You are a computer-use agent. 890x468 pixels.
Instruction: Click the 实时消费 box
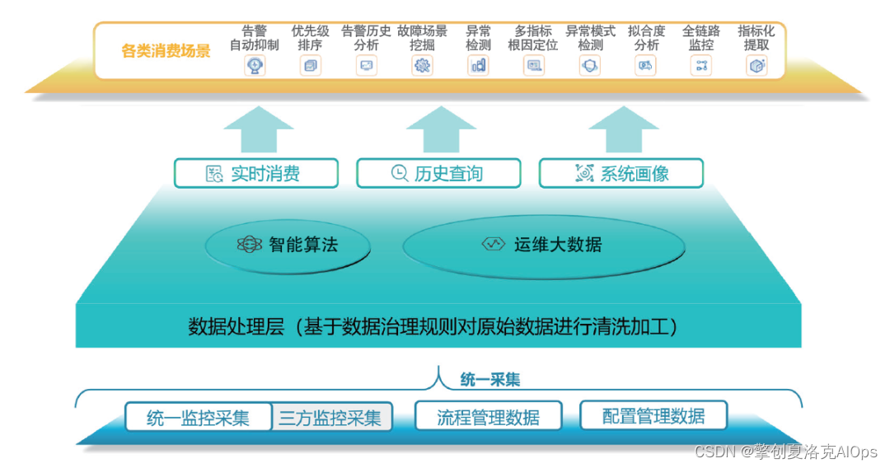click(x=256, y=173)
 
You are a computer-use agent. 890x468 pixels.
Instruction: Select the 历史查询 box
click(x=438, y=173)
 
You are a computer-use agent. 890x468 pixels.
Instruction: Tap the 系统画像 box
click(x=621, y=173)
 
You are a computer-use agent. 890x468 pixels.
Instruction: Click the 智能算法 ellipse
click(x=287, y=245)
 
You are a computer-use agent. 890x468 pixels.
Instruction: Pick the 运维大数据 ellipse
click(x=544, y=245)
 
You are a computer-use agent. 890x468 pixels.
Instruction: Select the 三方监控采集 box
click(x=331, y=417)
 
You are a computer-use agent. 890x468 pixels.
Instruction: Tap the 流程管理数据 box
click(x=488, y=417)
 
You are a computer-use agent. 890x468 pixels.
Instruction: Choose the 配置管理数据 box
click(x=653, y=416)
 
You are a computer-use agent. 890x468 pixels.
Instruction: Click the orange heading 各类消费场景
click(x=166, y=51)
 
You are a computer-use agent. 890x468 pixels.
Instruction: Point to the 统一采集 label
click(x=489, y=380)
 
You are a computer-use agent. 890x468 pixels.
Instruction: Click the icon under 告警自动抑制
click(x=255, y=66)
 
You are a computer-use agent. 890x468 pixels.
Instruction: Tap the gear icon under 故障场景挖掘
click(x=422, y=66)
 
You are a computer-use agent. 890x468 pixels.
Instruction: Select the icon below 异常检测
click(x=478, y=66)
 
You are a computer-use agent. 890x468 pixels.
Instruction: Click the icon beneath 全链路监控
click(x=701, y=66)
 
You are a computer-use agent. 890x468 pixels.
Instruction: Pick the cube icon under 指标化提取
click(x=756, y=66)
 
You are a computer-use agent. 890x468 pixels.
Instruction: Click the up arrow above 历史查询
click(x=441, y=128)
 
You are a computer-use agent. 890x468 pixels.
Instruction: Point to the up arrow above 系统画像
click(x=624, y=128)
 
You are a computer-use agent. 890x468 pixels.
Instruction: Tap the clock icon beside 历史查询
click(x=399, y=173)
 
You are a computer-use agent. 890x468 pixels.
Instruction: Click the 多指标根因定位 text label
click(x=533, y=38)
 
